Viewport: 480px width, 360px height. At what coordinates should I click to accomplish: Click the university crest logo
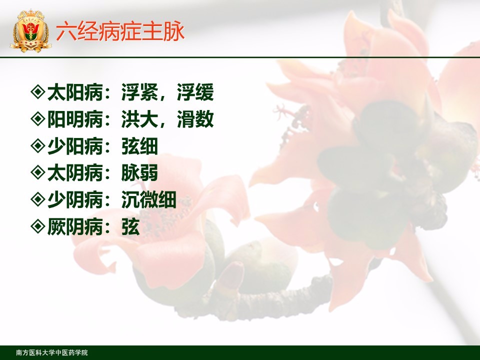(x=30, y=30)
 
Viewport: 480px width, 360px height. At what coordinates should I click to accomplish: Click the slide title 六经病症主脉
(x=120, y=31)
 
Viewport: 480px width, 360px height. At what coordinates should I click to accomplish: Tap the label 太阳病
(x=75, y=92)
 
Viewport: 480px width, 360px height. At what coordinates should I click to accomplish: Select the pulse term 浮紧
(x=140, y=92)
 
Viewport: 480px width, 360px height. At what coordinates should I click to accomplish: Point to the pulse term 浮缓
(x=195, y=92)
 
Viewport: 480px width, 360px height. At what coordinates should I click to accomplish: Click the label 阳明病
(x=75, y=119)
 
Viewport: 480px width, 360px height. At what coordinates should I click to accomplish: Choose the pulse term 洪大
(x=140, y=119)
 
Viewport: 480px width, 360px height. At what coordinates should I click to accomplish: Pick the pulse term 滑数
(x=195, y=119)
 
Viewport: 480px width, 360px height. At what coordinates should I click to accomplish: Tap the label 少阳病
(x=75, y=146)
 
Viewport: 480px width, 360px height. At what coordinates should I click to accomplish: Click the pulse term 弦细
(x=140, y=146)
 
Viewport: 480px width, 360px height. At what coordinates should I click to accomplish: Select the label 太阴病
(x=75, y=173)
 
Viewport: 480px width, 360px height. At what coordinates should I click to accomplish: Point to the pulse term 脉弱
(x=140, y=173)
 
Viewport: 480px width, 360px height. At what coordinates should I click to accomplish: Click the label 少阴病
(x=75, y=200)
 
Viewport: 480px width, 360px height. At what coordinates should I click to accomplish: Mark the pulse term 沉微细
(x=149, y=200)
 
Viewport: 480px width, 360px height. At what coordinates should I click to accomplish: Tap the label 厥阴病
(x=75, y=227)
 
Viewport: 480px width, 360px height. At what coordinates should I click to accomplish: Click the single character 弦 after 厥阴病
(x=130, y=227)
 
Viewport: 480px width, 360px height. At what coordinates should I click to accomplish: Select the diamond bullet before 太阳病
(x=38, y=92)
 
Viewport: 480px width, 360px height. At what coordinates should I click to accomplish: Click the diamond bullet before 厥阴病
(x=38, y=226)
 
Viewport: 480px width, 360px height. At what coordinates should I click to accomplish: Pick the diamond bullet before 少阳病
(x=38, y=145)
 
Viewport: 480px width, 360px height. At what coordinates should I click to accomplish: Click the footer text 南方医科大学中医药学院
(x=52, y=352)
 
